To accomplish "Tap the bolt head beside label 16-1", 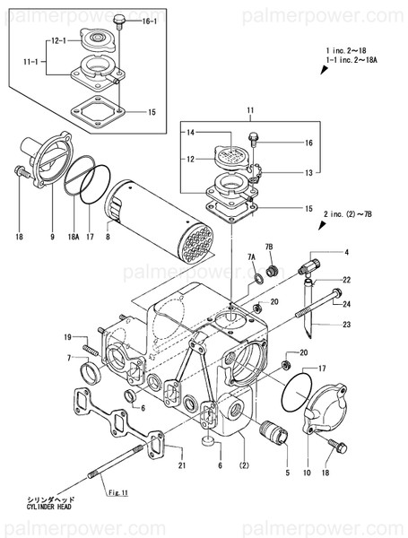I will pyautogui.click(x=118, y=18).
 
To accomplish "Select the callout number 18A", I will pyautogui.click(x=74, y=237).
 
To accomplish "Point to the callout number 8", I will pyautogui.click(x=109, y=237).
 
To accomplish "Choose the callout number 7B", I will pyautogui.click(x=268, y=247).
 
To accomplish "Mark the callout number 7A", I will pyautogui.click(x=252, y=257).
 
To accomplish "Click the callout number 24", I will pyautogui.click(x=344, y=303).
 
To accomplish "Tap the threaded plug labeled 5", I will pyautogui.click(x=274, y=438).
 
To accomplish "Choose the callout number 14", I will pyautogui.click(x=190, y=132).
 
